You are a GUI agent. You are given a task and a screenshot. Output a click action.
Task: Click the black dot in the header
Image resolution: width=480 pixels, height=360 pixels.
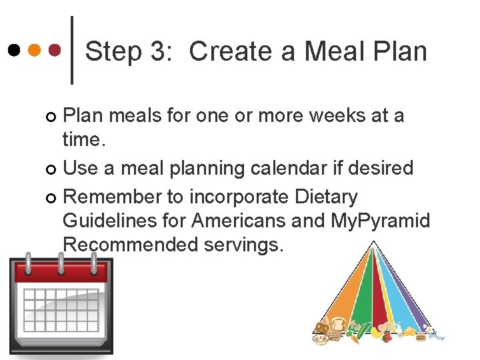(x=14, y=50)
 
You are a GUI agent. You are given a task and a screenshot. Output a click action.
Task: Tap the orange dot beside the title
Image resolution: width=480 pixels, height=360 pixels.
(x=35, y=50)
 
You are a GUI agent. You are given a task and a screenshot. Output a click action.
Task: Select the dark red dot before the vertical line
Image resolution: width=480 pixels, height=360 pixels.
(x=55, y=50)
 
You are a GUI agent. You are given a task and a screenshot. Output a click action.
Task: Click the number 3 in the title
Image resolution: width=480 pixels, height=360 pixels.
(x=160, y=51)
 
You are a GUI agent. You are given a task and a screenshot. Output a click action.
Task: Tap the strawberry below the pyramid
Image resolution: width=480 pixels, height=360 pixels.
(x=387, y=337)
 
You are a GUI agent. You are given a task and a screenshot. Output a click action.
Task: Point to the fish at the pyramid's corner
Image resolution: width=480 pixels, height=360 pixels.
(x=437, y=337)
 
